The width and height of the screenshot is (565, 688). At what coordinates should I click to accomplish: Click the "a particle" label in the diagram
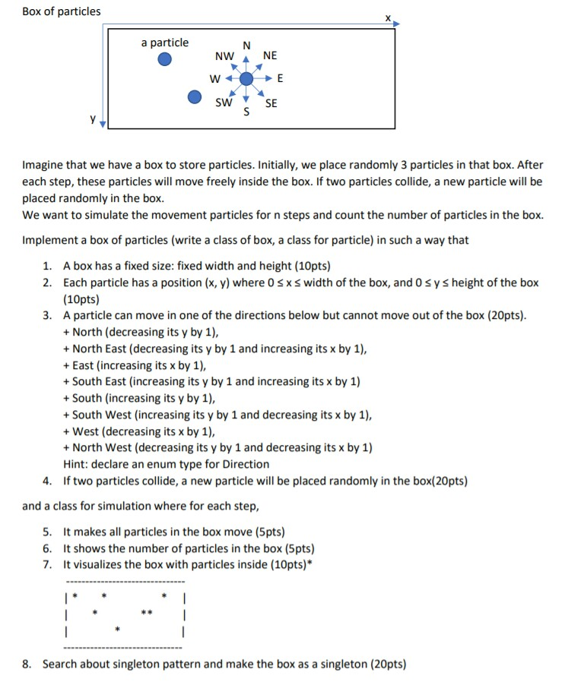tap(165, 43)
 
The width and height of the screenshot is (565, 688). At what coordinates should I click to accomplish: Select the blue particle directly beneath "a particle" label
tap(165, 60)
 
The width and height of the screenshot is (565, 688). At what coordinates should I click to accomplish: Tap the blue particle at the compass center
tap(246, 79)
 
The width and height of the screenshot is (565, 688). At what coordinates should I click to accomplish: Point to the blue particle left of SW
tap(195, 96)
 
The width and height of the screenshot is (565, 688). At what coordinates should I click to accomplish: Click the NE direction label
tap(270, 55)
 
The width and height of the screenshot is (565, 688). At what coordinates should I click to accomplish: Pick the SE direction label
tap(271, 103)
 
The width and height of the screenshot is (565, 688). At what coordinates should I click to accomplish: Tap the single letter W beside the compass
tap(214, 79)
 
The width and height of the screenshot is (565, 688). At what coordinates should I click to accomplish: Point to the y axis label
tap(94, 118)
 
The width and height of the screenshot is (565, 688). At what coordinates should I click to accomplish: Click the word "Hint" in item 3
tap(75, 464)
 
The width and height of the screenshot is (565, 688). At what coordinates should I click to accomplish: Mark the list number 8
tap(27, 664)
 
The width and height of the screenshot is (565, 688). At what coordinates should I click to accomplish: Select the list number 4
tap(47, 481)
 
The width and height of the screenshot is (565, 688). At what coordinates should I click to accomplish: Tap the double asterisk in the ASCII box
tap(145, 611)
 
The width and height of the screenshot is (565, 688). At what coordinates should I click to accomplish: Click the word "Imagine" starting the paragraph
tap(44, 165)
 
